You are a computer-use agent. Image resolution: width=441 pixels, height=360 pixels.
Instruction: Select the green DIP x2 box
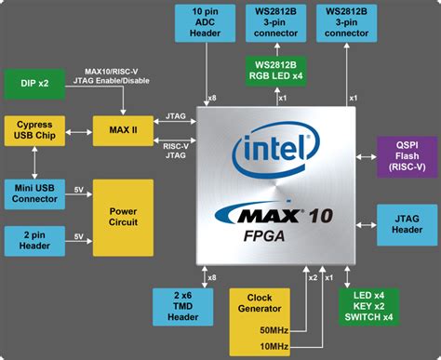pos(36,83)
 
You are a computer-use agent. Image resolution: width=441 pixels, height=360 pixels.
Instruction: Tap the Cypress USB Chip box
pos(36,131)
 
